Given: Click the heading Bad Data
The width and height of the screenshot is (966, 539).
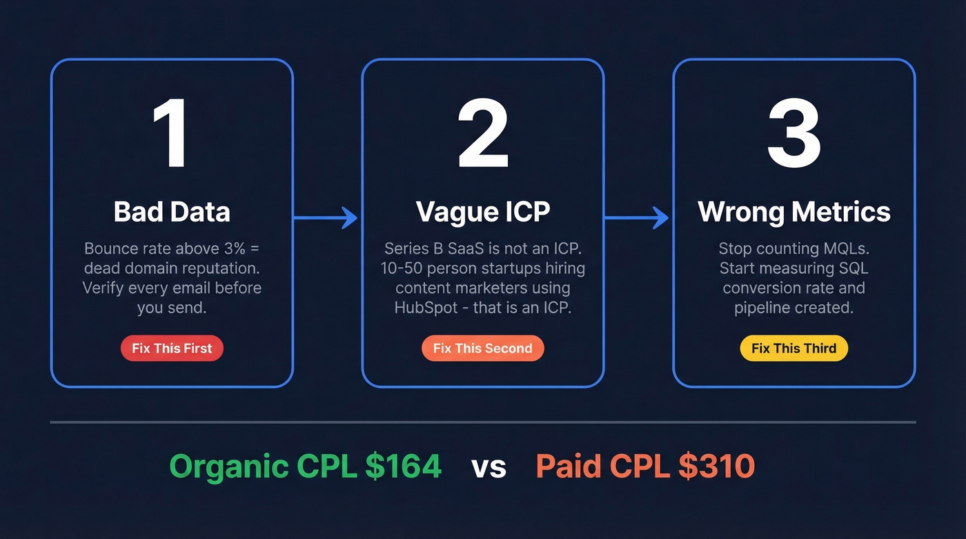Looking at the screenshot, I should (172, 212).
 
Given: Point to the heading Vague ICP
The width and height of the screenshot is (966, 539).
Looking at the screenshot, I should (483, 212).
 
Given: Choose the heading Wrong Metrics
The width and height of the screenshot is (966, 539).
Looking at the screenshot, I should (794, 212).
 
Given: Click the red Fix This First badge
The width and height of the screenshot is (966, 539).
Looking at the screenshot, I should (172, 349).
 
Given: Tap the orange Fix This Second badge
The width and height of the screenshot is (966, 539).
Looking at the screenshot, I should (483, 349).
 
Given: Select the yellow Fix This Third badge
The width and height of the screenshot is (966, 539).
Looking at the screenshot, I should (793, 349).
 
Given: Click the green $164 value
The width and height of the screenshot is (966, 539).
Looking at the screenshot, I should (404, 467).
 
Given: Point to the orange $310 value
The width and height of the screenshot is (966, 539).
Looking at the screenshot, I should (717, 467).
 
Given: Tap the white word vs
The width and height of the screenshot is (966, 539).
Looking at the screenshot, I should (489, 468).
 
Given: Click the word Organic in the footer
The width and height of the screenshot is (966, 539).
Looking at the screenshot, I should (228, 467).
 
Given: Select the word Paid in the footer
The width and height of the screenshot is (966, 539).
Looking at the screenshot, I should (566, 467).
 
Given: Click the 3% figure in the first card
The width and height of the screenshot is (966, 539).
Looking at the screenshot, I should (232, 248).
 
